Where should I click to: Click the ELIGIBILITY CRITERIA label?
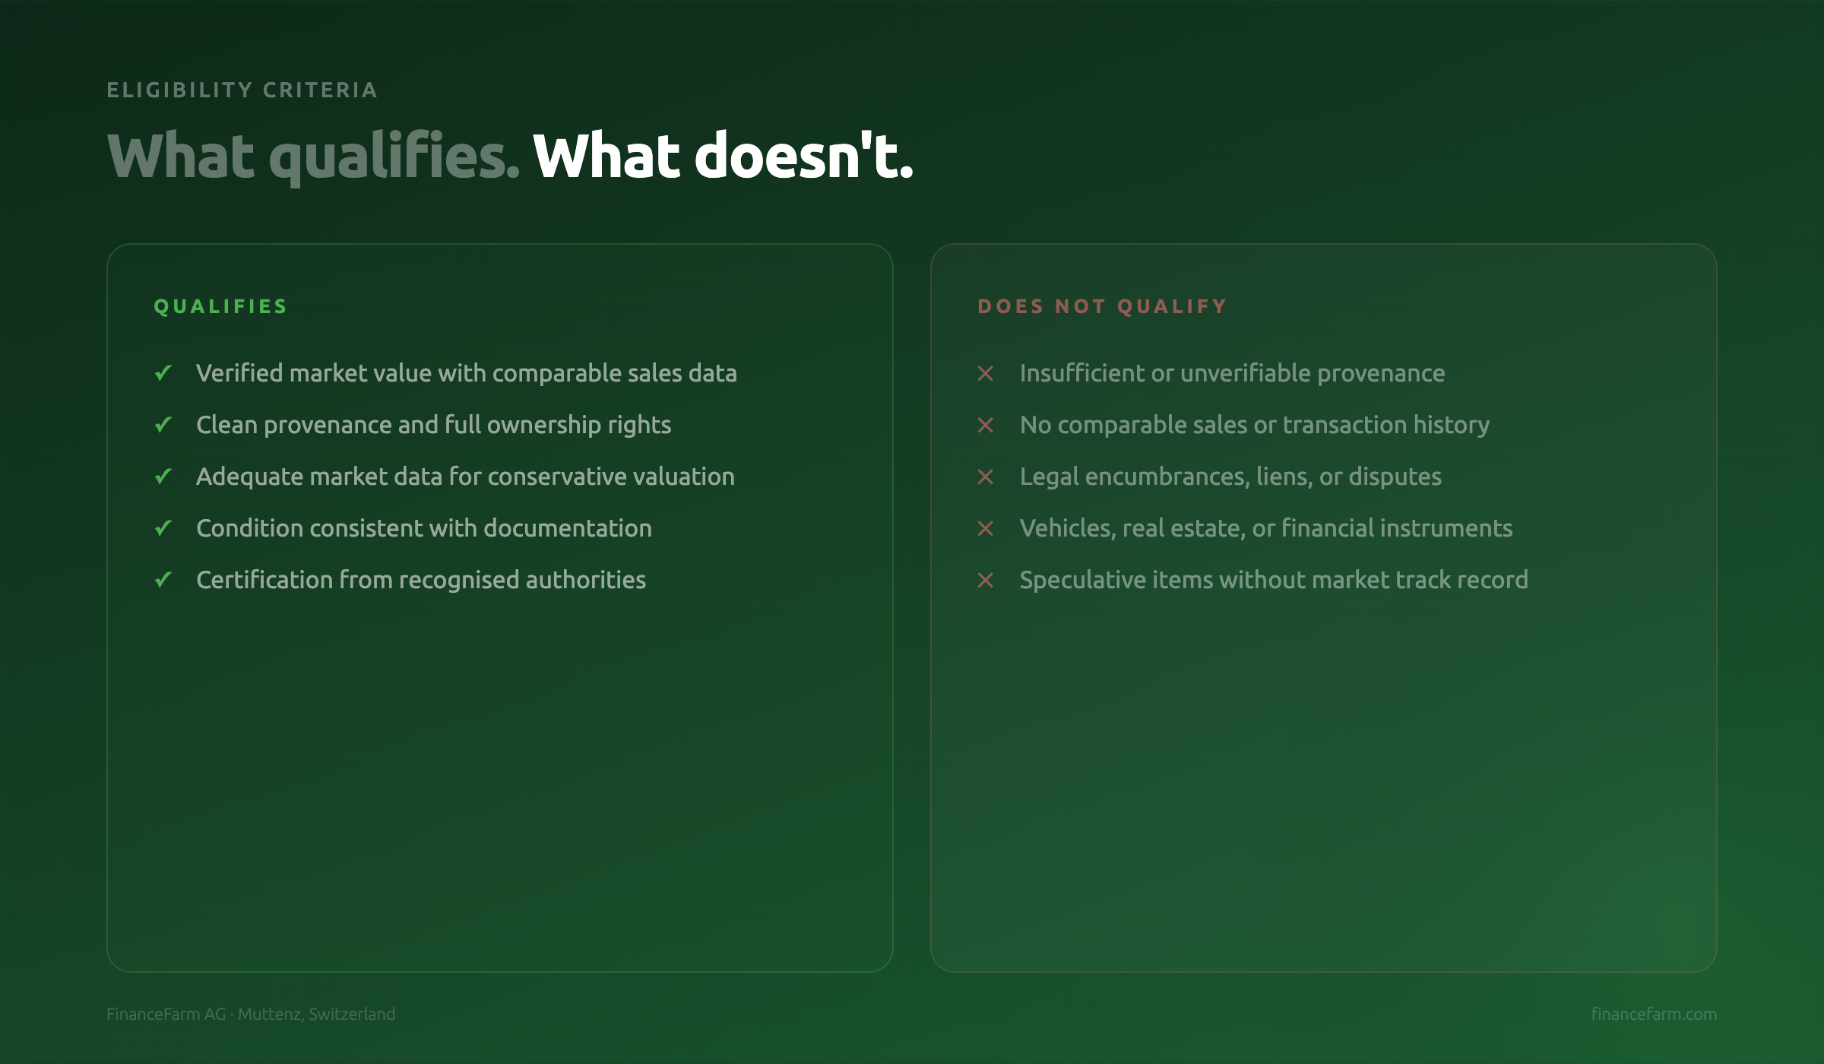click(x=242, y=90)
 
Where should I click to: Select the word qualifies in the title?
click(x=395, y=157)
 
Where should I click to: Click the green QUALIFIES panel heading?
click(x=220, y=306)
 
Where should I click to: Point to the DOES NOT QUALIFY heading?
click(x=1102, y=306)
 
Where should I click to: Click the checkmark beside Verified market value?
click(x=163, y=373)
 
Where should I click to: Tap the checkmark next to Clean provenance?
click(x=163, y=425)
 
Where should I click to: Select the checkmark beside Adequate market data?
click(x=163, y=477)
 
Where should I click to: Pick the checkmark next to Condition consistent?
click(x=163, y=528)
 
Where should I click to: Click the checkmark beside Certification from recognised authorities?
click(x=163, y=580)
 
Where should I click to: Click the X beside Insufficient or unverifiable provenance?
click(x=986, y=373)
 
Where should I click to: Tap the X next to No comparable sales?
click(x=986, y=425)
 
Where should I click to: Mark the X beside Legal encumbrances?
click(x=986, y=477)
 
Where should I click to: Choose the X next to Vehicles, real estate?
click(x=986, y=528)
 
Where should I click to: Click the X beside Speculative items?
click(x=986, y=580)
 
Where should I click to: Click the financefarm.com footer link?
click(x=1654, y=1014)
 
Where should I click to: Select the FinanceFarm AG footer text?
click(x=166, y=1014)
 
